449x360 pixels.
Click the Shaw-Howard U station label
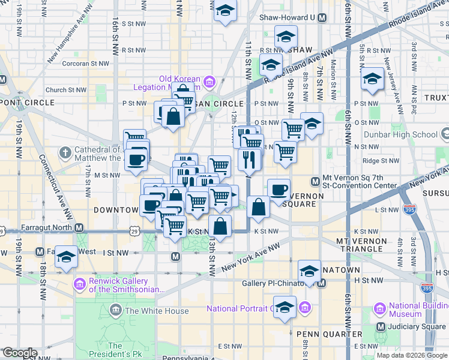point(287,17)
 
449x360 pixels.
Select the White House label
point(156,311)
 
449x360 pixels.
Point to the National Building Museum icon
point(379,310)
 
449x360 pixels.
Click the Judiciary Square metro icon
point(381,327)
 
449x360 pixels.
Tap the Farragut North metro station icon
point(79,228)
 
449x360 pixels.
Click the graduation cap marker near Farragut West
point(66,257)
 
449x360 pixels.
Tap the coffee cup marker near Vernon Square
point(279,191)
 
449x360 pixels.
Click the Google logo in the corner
point(19,353)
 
